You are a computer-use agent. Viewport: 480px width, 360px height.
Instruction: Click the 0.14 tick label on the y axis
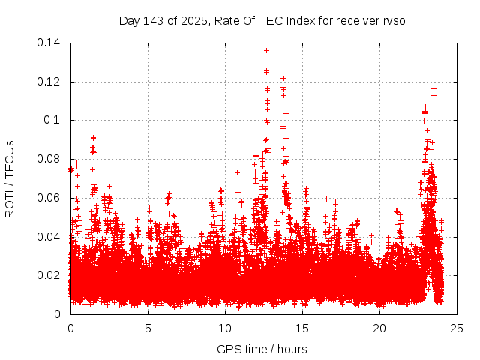click(50, 43)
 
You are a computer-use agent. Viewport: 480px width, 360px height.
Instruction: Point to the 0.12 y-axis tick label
click(50, 82)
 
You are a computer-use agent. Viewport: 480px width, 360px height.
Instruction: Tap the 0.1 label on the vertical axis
click(54, 120)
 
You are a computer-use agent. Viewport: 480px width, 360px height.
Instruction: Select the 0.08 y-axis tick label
click(50, 159)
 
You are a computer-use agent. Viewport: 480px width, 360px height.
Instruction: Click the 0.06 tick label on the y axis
click(50, 198)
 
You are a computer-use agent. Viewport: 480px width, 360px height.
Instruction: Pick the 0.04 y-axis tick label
click(50, 237)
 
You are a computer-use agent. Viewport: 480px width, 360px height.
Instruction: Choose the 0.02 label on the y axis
click(50, 275)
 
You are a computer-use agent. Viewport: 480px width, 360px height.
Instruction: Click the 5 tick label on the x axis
click(148, 328)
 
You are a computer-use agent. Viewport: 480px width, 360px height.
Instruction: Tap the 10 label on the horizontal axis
click(225, 328)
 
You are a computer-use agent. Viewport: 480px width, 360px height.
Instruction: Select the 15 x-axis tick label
click(302, 328)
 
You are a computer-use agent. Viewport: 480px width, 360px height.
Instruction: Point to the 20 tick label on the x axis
click(379, 328)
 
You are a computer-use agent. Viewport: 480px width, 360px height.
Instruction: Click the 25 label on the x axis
click(457, 328)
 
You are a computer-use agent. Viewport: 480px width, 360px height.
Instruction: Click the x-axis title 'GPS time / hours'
click(262, 349)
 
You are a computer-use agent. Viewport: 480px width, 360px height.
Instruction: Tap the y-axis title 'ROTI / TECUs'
click(10, 178)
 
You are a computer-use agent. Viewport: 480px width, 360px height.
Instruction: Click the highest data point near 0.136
click(266, 50)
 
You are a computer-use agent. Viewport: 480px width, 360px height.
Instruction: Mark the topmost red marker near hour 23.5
click(433, 86)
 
